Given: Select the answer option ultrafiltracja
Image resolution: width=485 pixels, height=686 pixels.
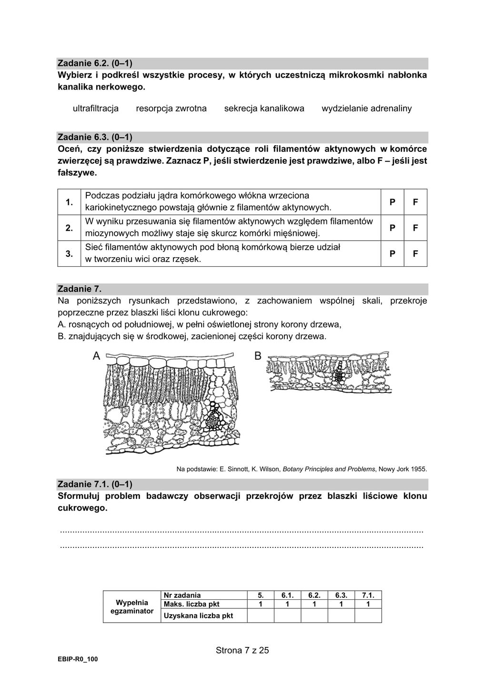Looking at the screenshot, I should click(95, 108).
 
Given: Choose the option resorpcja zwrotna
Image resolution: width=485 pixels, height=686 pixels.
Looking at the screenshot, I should click(171, 108).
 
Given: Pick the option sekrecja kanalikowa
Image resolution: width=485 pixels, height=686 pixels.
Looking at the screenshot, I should click(264, 108).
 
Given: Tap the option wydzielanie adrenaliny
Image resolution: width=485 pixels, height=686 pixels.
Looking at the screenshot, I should click(366, 108).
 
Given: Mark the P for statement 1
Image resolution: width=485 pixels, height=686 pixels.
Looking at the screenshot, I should click(392, 202).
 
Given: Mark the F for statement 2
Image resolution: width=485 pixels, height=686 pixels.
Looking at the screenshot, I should click(415, 228).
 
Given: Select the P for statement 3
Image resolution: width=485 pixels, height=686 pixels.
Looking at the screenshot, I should click(392, 254).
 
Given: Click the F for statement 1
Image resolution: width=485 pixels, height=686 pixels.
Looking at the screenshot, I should click(415, 202).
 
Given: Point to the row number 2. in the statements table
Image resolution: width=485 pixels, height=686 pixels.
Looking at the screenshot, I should click(69, 228).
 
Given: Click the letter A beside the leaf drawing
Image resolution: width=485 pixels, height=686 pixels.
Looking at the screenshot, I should click(96, 356).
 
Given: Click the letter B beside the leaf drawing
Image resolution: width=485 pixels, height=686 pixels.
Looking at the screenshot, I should click(258, 356).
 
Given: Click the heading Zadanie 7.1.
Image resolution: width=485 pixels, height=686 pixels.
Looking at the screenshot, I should click(94, 484).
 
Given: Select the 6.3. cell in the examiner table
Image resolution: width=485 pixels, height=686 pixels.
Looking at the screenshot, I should click(341, 595).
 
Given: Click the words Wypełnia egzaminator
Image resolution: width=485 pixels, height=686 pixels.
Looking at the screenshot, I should click(132, 606).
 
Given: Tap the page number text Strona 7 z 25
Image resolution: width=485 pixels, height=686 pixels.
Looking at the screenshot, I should click(242, 650).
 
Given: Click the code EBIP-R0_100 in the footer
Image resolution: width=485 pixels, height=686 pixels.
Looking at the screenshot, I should click(78, 659).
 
